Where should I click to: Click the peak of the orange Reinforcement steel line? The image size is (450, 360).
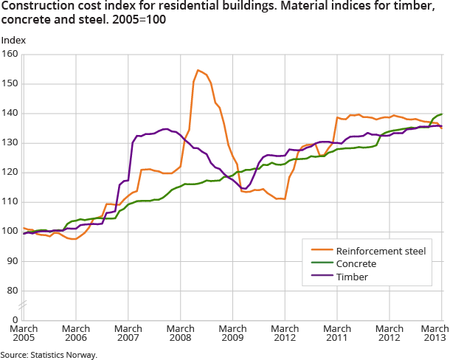[198, 70]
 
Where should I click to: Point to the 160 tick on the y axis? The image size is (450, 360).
[10, 55]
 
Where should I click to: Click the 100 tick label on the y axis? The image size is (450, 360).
[10, 232]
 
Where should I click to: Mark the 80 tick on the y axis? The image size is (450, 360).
[13, 291]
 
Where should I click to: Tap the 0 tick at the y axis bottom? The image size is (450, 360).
[15, 319]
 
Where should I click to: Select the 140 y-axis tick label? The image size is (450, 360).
[10, 114]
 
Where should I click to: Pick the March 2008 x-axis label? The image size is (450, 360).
[181, 333]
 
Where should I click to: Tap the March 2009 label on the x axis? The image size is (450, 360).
[233, 333]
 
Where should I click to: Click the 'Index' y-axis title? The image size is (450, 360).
[12, 41]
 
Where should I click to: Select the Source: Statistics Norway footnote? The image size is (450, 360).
[49, 355]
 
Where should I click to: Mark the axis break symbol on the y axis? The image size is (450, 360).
[24, 305]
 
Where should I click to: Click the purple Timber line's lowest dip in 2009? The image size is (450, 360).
[244, 188]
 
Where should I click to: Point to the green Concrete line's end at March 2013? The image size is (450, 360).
[442, 114]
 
